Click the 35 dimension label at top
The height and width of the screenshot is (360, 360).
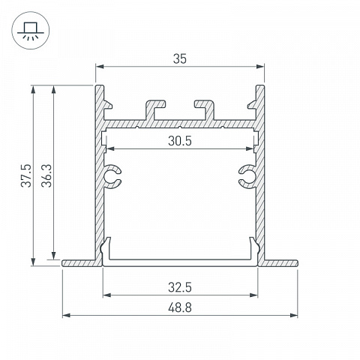(180, 59)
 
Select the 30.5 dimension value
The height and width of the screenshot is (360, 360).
(180, 141)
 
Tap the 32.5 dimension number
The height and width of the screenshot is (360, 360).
(180, 287)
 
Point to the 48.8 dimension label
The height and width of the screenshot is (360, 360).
(180, 307)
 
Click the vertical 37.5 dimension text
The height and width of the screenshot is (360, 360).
(26, 175)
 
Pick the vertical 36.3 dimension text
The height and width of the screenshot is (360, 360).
(46, 175)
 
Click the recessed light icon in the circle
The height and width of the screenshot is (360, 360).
(31, 31)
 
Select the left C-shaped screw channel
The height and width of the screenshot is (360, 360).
(112, 176)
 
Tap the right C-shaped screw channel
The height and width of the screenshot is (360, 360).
(247, 176)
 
